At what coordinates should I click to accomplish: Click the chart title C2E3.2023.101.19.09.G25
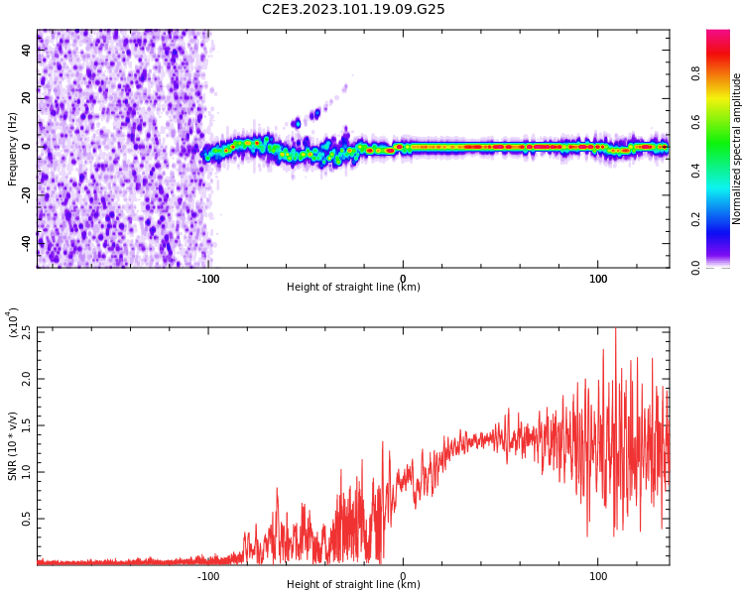click(353, 10)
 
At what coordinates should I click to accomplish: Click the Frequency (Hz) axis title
click(13, 149)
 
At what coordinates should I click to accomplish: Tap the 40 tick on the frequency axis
click(27, 50)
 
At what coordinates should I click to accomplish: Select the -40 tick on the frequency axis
click(27, 242)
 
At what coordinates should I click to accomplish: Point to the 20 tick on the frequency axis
click(27, 97)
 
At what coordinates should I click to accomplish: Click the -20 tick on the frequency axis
click(27, 194)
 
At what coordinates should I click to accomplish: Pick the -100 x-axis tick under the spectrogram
click(208, 279)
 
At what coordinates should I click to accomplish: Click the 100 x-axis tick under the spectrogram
click(598, 279)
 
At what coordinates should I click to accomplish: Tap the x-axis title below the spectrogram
click(353, 288)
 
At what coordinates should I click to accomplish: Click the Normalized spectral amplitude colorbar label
click(737, 149)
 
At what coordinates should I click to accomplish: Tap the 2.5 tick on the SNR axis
click(27, 333)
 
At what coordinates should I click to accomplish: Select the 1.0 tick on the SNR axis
click(27, 471)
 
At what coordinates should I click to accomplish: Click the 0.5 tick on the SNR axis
click(27, 519)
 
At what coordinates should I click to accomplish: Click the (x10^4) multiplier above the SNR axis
click(13, 323)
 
